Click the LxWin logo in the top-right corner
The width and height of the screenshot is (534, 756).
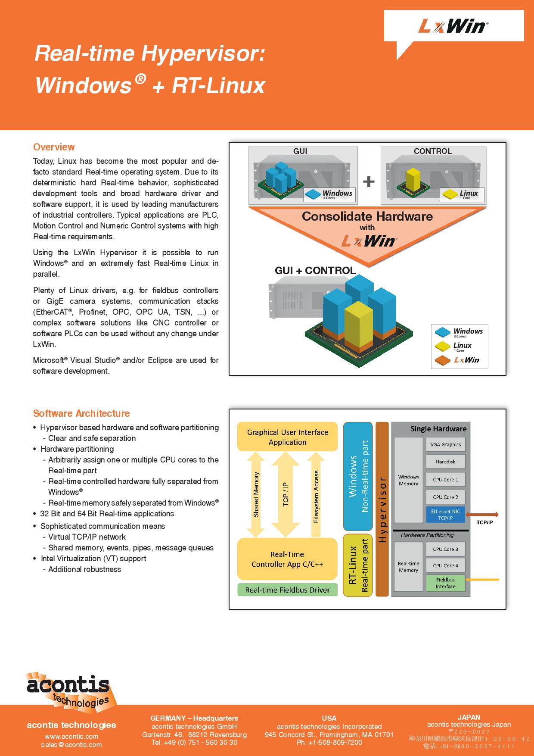click(453, 27)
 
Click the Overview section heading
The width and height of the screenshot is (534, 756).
click(54, 147)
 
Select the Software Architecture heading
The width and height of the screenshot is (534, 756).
click(81, 413)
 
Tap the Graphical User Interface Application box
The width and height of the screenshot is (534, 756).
click(287, 437)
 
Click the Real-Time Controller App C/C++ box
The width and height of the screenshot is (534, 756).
click(287, 559)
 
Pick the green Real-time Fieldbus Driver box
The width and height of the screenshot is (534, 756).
click(287, 590)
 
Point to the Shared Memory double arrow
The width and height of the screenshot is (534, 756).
click(256, 494)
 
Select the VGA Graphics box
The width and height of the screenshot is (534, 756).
click(445, 444)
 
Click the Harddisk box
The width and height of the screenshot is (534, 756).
click(445, 462)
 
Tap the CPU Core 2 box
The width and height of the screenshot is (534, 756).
click(445, 497)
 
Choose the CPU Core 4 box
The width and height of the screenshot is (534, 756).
click(445, 565)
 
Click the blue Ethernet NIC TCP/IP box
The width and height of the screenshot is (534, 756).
click(445, 515)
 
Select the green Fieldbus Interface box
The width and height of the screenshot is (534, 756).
click(445, 583)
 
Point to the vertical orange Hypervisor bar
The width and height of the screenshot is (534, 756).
click(382, 509)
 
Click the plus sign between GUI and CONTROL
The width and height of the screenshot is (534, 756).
click(369, 181)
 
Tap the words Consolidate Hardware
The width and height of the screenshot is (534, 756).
click(367, 216)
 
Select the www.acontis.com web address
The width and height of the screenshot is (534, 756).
click(71, 736)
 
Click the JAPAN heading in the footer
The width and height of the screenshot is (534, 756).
click(469, 717)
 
